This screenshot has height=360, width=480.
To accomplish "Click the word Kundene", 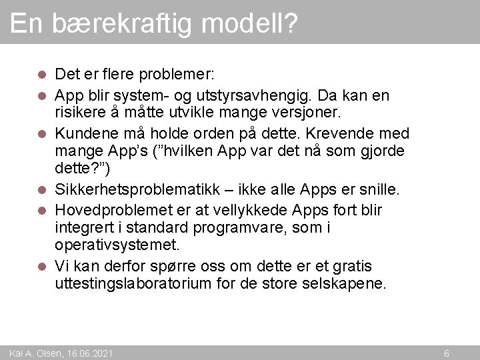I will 83,133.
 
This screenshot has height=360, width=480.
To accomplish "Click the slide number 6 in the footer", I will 447,353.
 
